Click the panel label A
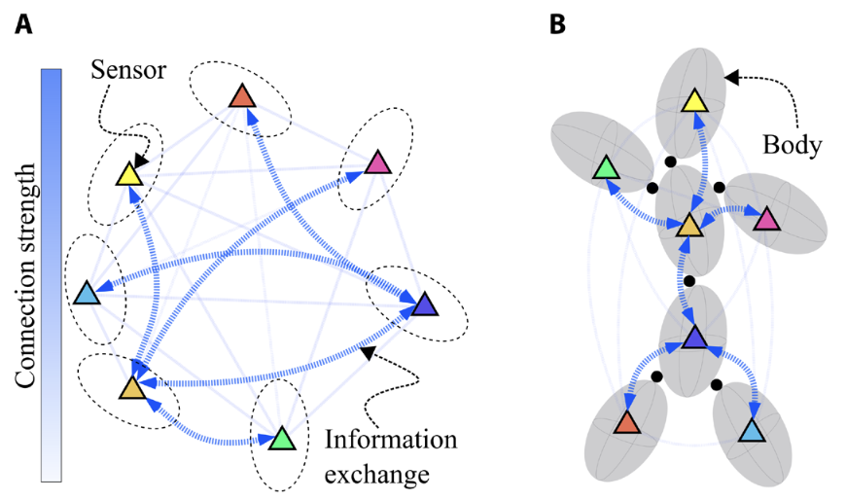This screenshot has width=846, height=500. pos(23,24)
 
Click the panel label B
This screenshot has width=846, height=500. pos(557,24)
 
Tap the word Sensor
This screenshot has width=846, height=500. pos(128,69)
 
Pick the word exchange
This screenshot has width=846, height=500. pos(376,475)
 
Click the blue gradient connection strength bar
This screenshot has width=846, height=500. pos(51,275)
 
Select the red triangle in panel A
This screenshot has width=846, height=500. pos(241,97)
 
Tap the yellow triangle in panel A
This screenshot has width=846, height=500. pos(129,175)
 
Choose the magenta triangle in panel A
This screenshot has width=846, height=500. pos(377,162)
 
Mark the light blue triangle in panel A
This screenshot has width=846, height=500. pos(86,292)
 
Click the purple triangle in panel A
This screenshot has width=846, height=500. pos(424,305)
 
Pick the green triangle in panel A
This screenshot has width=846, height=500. pos(281,439)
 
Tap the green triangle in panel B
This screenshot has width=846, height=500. pos(605,168)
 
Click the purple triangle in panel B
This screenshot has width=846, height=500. pos(693,339)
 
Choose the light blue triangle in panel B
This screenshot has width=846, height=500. pos(752,429)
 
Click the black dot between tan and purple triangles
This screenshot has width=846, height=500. pos(689,281)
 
